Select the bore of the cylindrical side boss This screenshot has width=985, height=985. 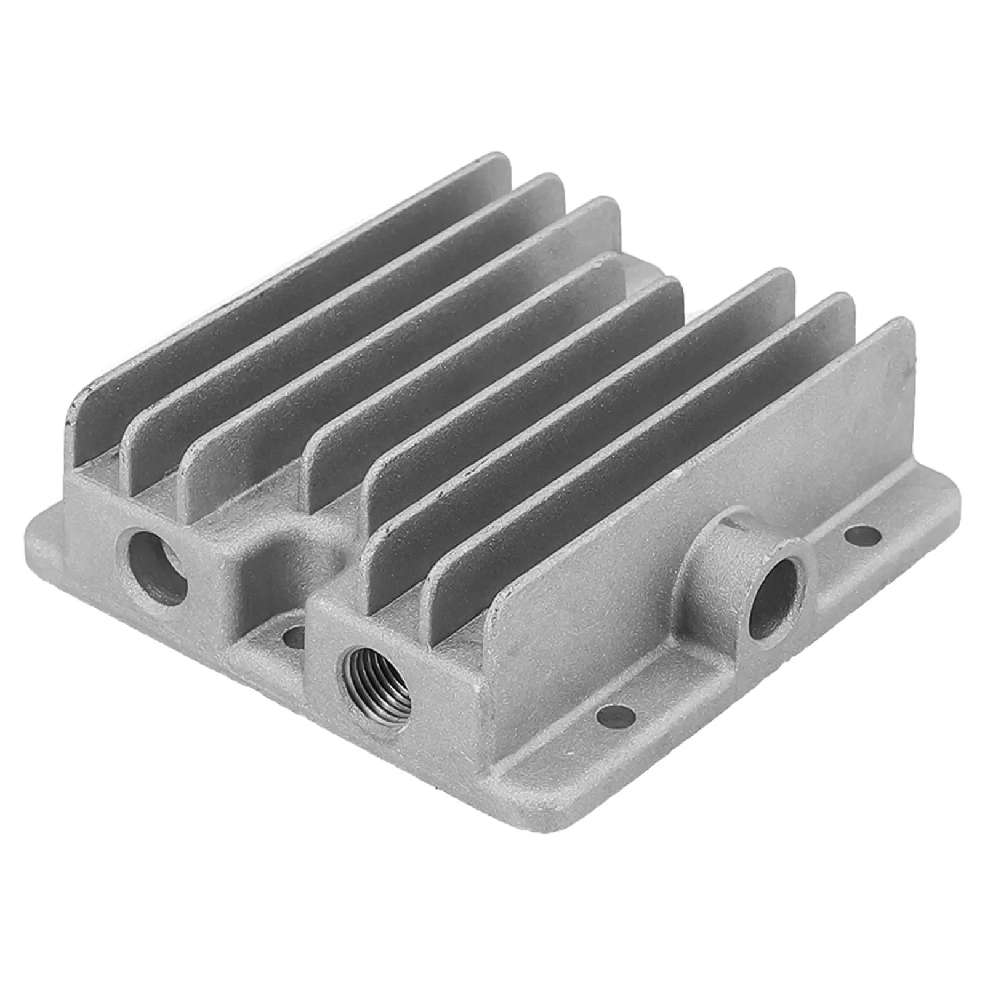(x=774, y=595)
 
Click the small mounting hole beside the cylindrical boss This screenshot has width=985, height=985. (x=862, y=536)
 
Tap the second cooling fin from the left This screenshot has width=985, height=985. (x=332, y=320)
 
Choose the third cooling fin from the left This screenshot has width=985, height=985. (x=394, y=345)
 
